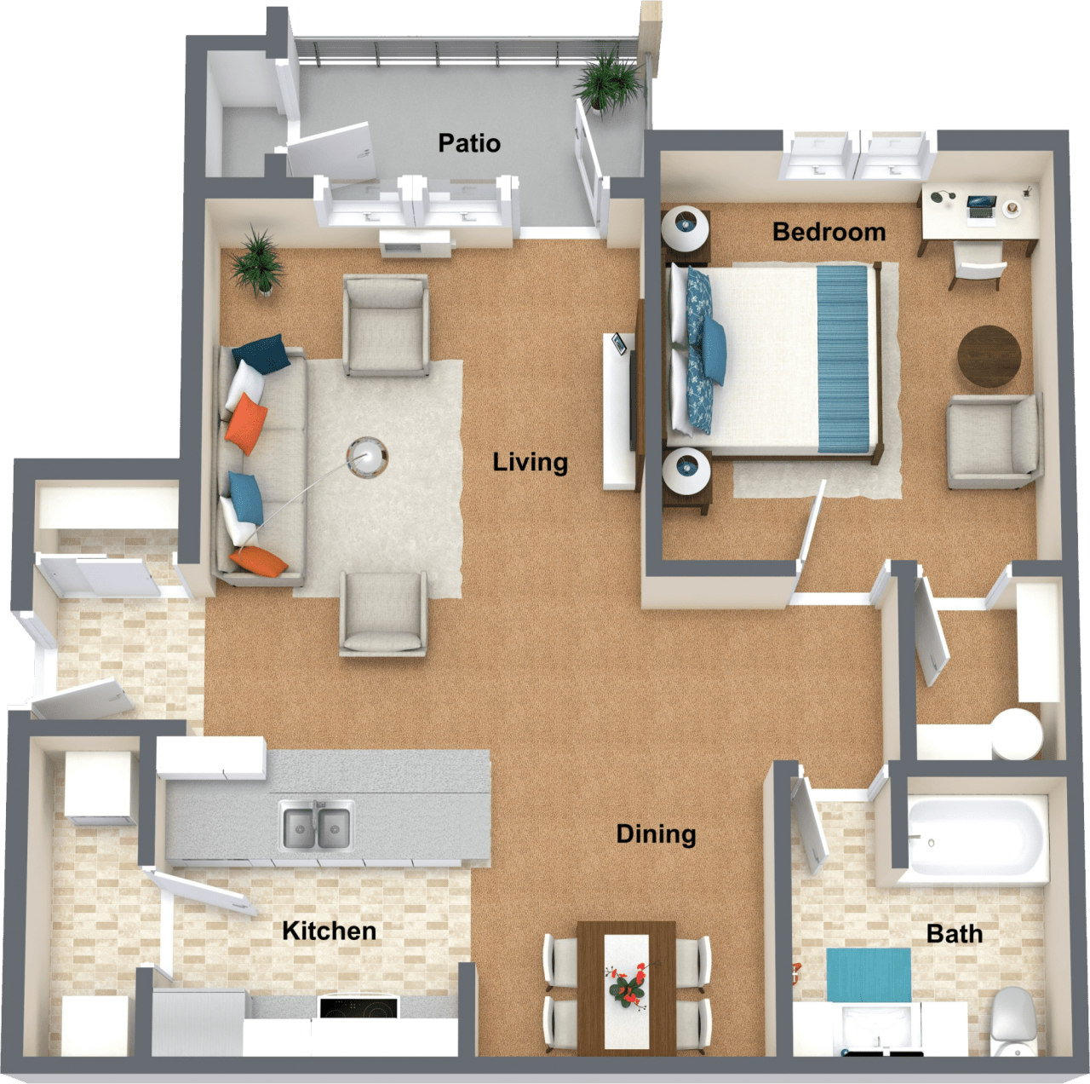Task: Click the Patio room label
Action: click(469, 143)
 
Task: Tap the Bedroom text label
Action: click(829, 232)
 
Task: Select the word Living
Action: click(530, 463)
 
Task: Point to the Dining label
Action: click(656, 833)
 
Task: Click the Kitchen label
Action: click(329, 931)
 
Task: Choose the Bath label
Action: click(954, 934)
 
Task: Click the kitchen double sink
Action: click(317, 826)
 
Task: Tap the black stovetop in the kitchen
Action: click(359, 1007)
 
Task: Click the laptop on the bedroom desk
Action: click(981, 205)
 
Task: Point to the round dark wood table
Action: click(989, 356)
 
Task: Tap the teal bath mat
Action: click(868, 974)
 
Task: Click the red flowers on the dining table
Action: click(628, 985)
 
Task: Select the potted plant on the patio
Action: click(608, 81)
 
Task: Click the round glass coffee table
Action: click(368, 456)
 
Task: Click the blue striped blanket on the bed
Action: click(843, 358)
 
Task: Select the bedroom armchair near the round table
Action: click(994, 441)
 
